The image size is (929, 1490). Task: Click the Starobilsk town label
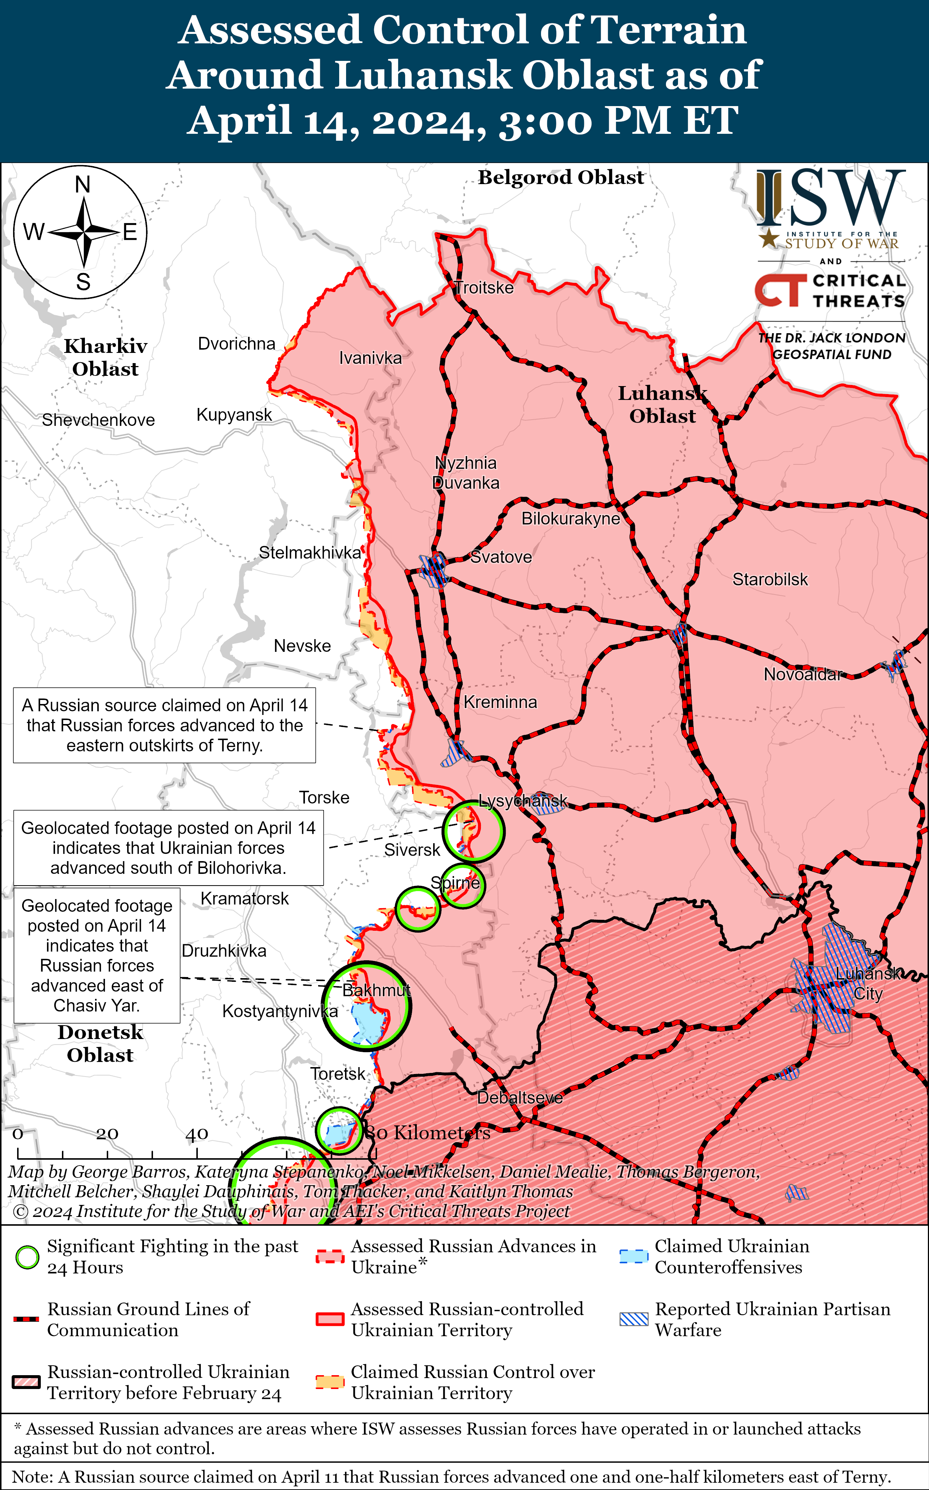[x=770, y=580]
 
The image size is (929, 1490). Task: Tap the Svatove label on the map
[x=501, y=557]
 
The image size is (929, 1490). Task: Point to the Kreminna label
[x=500, y=702]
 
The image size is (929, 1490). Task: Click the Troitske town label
[x=484, y=288]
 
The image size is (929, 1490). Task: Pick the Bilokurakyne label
[x=570, y=519]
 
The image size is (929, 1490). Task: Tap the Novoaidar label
[x=802, y=674]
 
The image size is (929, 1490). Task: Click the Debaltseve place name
[x=520, y=1097]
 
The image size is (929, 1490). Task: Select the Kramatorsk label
[x=244, y=899]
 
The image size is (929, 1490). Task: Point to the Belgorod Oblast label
[x=561, y=178]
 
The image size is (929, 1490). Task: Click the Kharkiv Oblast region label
[x=105, y=357]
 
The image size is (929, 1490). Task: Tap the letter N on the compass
[x=82, y=184]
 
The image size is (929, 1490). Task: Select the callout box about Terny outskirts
[x=165, y=725]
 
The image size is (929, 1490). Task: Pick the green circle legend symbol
[x=27, y=1258]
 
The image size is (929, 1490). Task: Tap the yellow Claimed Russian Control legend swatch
[x=329, y=1382]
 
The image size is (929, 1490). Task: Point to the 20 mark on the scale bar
[x=107, y=1134]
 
